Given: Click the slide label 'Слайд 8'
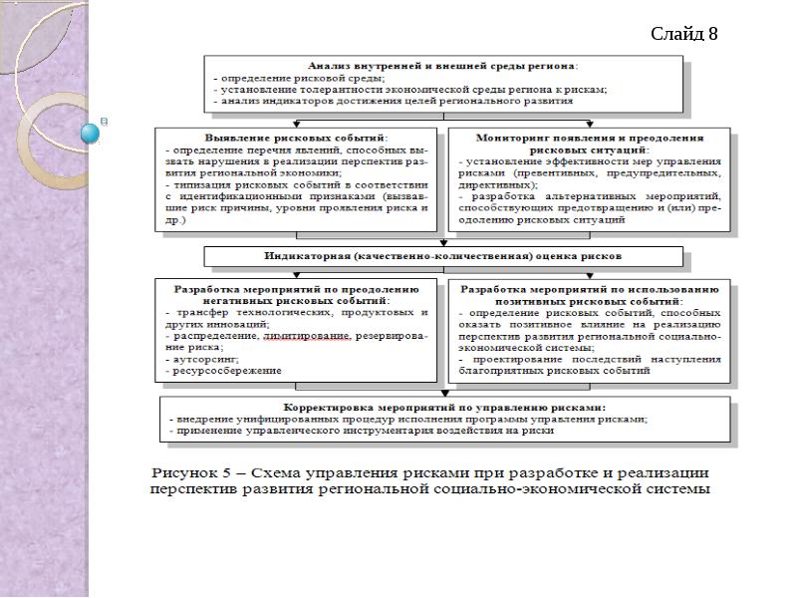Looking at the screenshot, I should point(683,35).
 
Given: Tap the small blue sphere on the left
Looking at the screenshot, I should point(91,132).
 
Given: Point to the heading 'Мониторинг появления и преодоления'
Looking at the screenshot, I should point(589,137).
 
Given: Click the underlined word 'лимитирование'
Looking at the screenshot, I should point(307,337).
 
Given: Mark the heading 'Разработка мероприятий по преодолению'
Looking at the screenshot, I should point(297,288).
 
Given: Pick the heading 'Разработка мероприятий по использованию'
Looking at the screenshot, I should point(590,288).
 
